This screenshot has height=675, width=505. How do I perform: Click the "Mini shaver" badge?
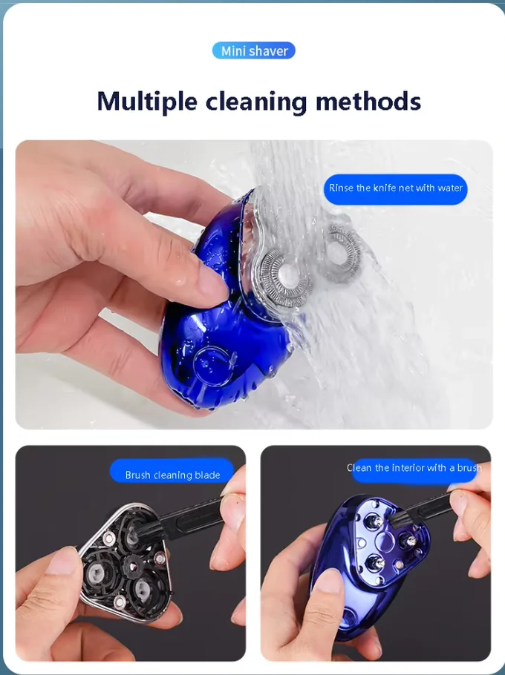tap(254, 50)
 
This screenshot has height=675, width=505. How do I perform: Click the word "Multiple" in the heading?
tap(147, 102)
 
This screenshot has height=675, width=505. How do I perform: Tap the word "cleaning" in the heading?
tap(256, 102)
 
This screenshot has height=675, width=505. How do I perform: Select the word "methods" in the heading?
tap(368, 101)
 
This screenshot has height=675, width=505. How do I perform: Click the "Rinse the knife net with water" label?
tap(396, 188)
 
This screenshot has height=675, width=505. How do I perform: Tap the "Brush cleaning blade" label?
tap(172, 475)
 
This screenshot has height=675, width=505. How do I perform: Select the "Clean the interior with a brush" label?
tap(414, 468)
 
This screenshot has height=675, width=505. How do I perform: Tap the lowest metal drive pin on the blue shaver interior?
tap(376, 562)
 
